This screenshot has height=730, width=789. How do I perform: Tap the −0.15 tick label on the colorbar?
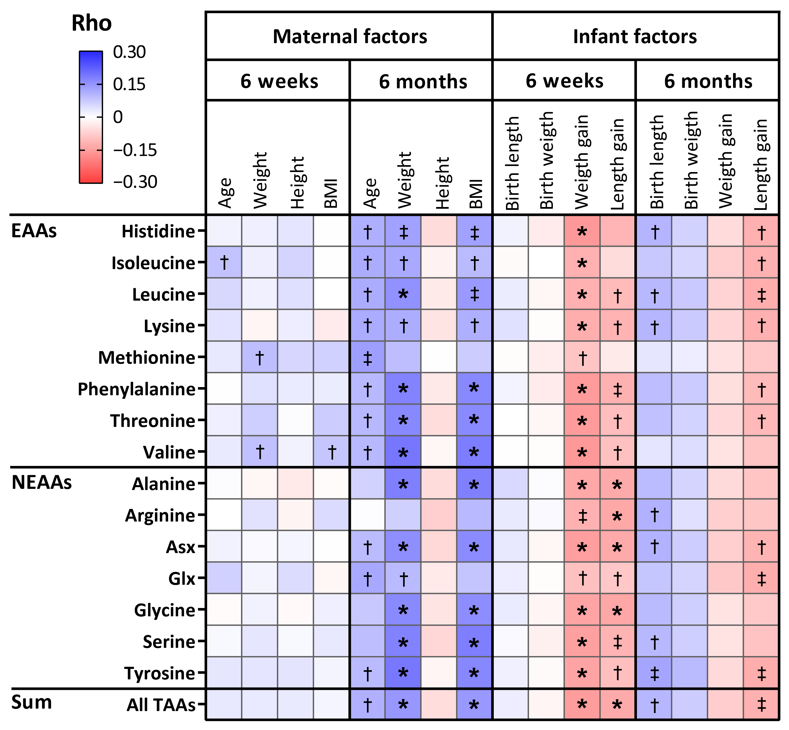(135, 150)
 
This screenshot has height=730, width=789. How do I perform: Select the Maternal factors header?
(349, 36)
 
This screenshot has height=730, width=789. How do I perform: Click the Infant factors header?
(635, 36)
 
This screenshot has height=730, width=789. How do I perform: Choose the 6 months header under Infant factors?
(708, 81)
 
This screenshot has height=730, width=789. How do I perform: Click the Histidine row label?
(158, 231)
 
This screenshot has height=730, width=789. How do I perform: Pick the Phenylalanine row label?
(136, 389)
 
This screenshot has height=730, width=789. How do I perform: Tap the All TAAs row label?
(161, 705)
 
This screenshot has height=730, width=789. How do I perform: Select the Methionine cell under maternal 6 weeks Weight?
(260, 357)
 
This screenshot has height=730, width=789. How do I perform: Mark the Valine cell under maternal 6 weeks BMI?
(332, 452)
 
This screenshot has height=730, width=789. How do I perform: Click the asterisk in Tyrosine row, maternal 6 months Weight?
(403, 673)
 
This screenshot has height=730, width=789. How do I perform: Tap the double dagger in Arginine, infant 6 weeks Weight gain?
(582, 516)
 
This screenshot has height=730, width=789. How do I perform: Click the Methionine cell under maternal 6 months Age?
(367, 357)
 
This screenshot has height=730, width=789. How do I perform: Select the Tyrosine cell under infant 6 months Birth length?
(654, 673)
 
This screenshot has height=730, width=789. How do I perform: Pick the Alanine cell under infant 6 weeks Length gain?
(617, 484)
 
